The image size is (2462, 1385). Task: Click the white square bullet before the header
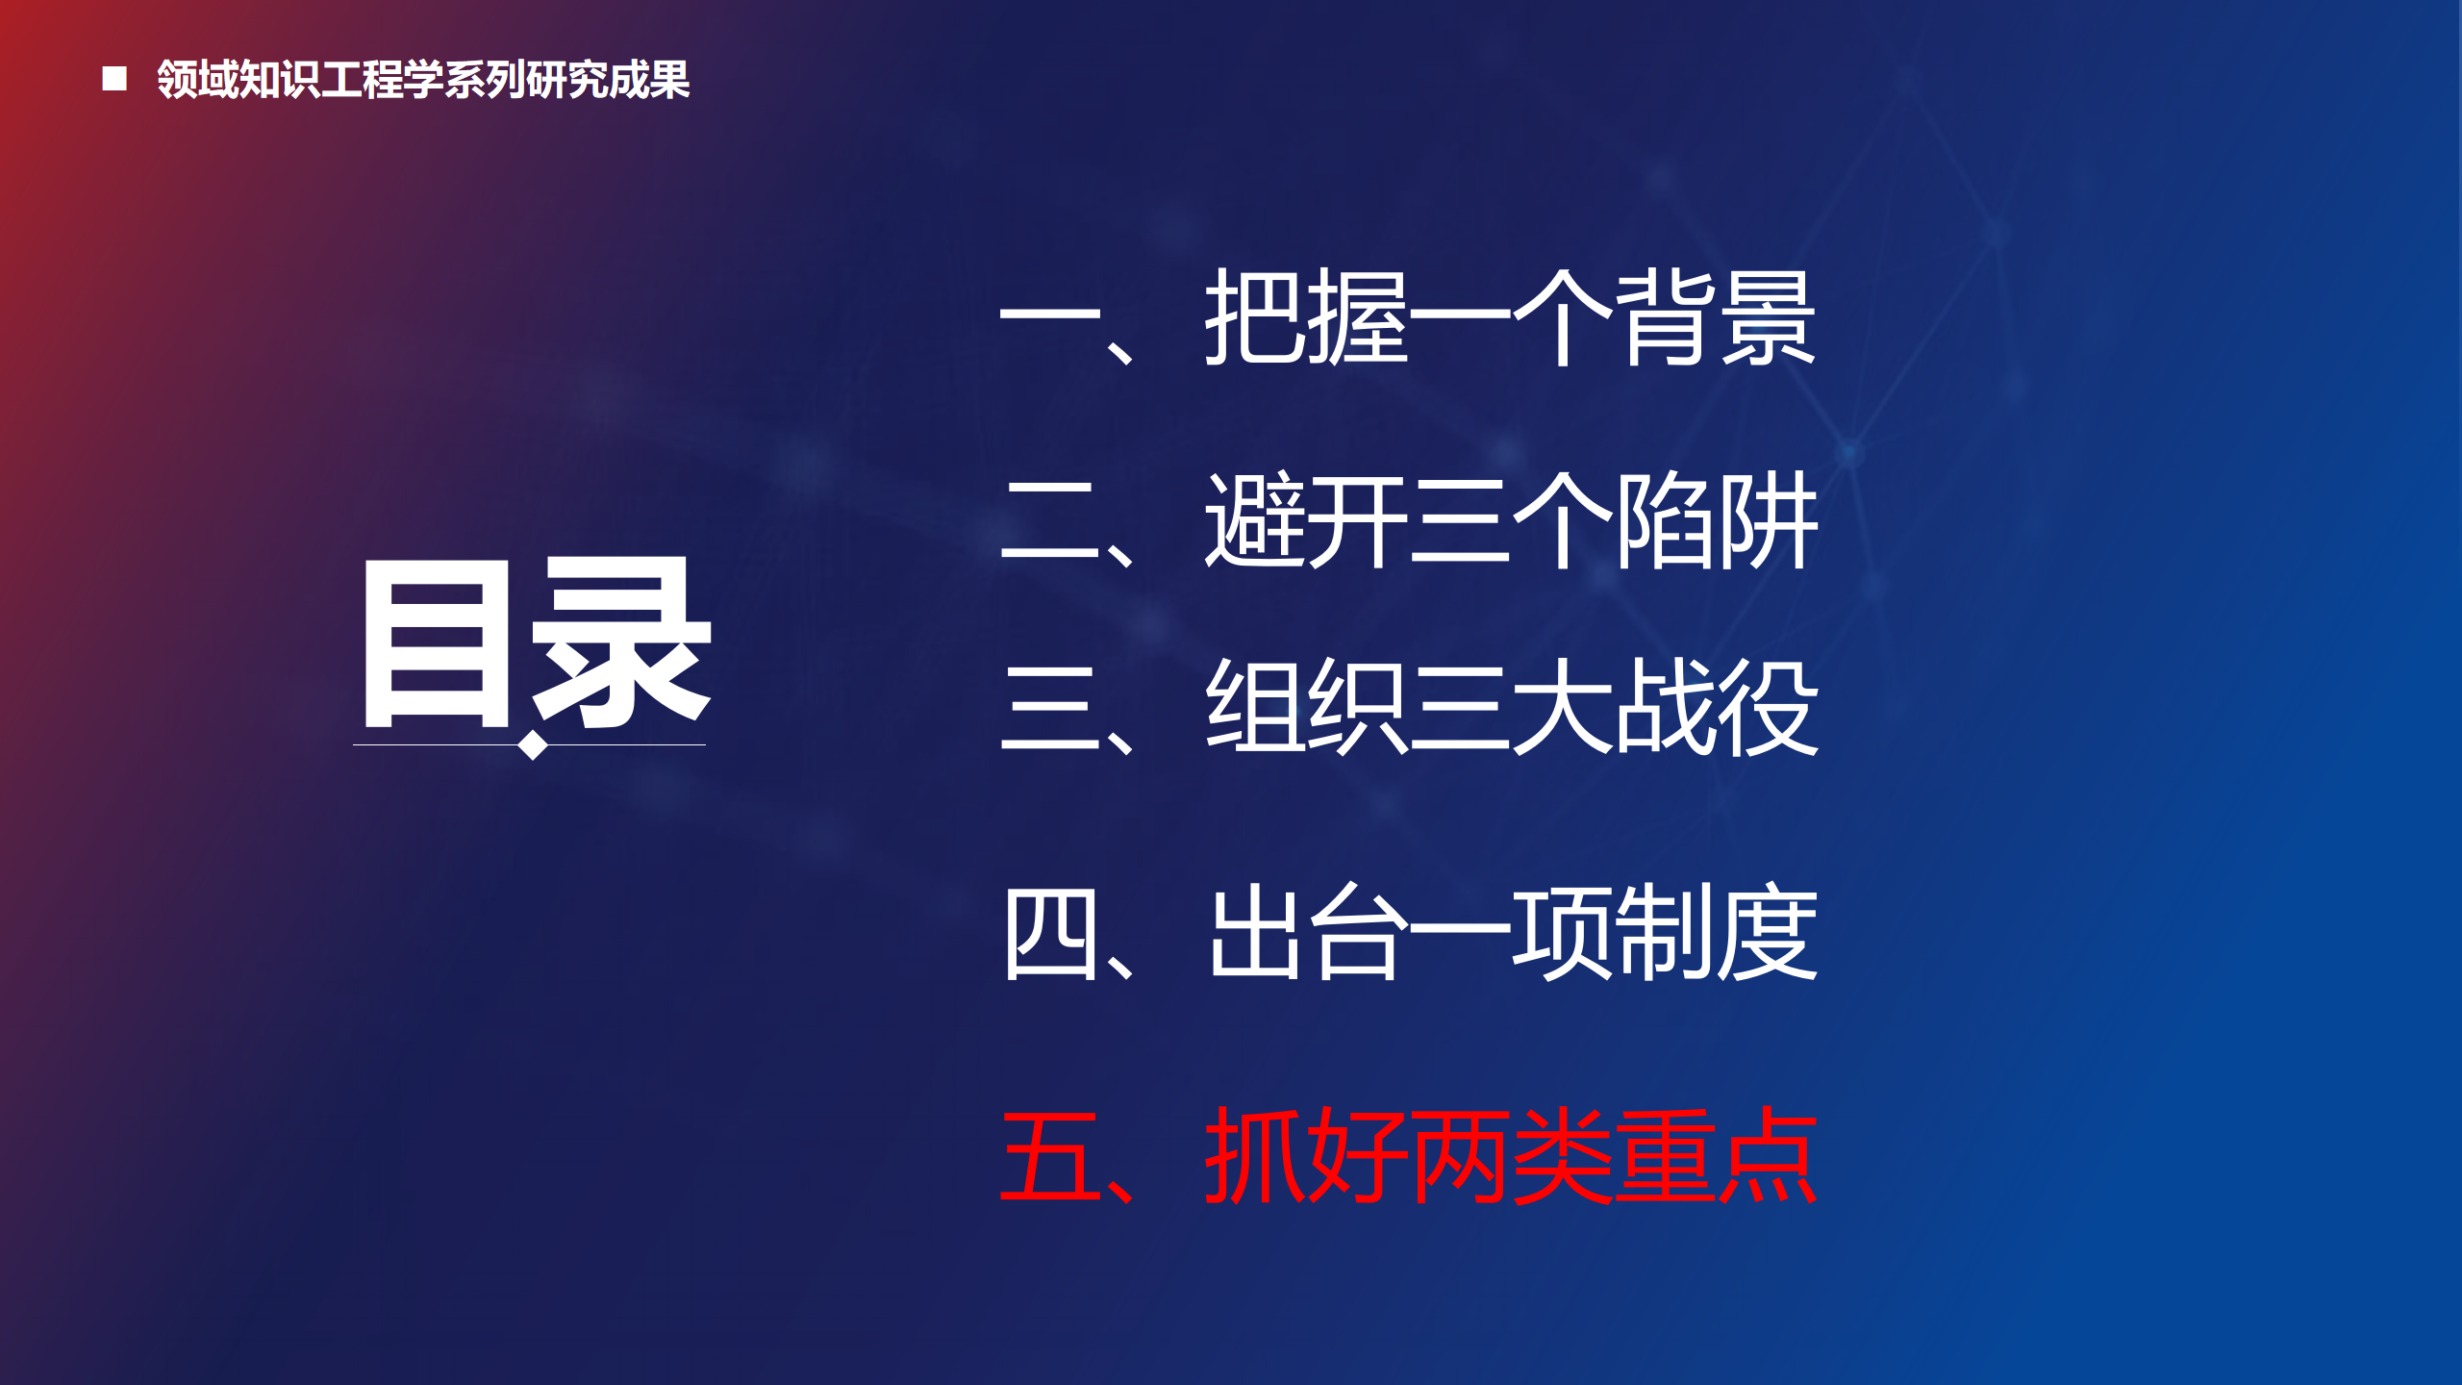[114, 79]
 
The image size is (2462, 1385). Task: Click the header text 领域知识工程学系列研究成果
[423, 79]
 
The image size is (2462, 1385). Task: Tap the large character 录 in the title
[621, 642]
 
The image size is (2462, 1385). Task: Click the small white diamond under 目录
[532, 745]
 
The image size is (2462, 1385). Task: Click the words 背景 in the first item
[1716, 317]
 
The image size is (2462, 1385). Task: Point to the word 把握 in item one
[1306, 317]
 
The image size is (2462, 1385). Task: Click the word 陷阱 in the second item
[1717, 520]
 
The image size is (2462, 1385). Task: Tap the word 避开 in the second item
[1306, 520]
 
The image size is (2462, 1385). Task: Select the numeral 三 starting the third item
[1050, 708]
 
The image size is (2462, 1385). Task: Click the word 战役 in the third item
[1717, 707]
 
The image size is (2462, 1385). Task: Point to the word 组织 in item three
[1306, 707]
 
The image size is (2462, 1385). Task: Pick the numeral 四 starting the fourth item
[1050, 934]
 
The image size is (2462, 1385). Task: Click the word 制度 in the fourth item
[1717, 932]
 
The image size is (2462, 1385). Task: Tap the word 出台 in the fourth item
[1306, 932]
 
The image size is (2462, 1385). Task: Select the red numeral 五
[1050, 1157]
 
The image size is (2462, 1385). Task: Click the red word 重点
[1717, 1155]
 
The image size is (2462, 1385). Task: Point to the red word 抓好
[1306, 1155]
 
